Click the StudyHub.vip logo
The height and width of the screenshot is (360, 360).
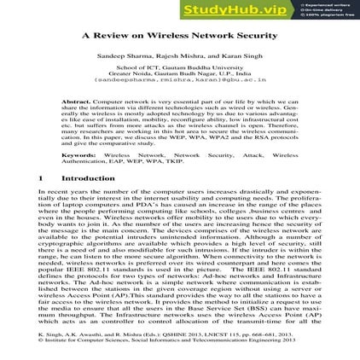coord(248,9)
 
